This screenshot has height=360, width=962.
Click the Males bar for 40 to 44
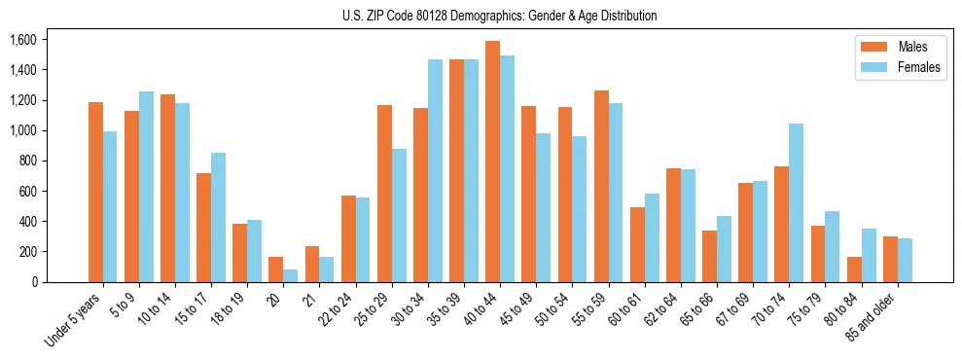tap(492, 162)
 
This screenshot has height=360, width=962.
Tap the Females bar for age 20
tap(290, 275)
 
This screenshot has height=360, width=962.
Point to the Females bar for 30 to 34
tap(435, 170)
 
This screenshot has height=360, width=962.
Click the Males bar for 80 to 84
tap(854, 270)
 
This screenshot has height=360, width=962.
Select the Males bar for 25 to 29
tap(384, 194)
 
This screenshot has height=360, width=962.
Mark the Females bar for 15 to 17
tap(218, 217)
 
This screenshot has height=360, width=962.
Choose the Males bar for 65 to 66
tap(709, 256)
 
